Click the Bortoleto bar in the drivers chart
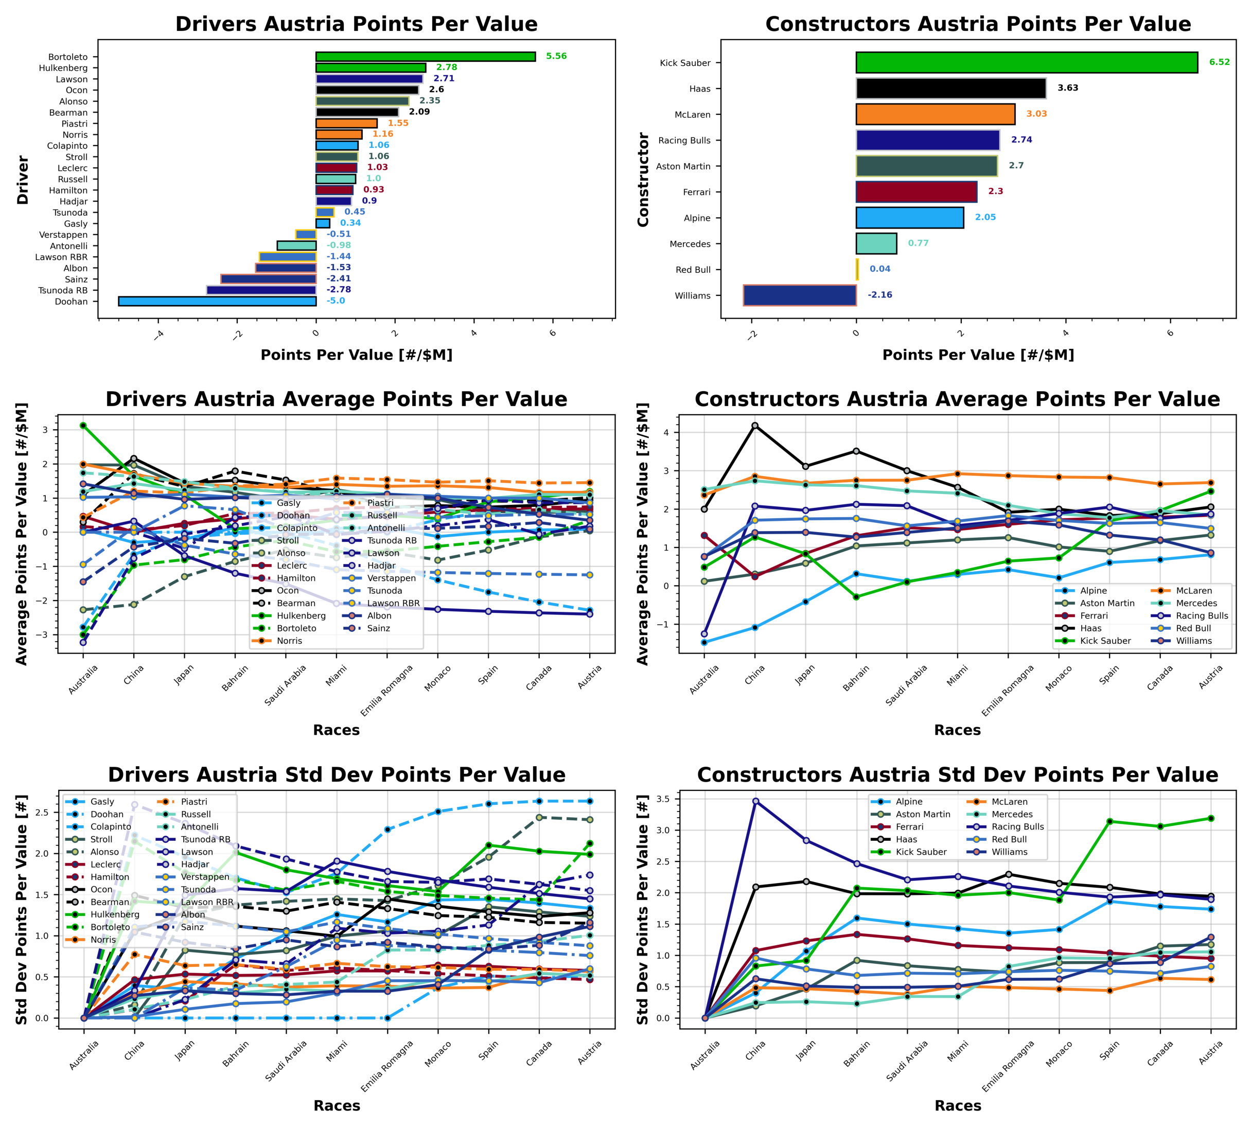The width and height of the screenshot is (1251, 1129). tap(425, 57)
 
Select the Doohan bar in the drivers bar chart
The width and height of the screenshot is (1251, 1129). tap(217, 302)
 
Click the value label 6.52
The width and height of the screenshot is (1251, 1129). tap(1218, 62)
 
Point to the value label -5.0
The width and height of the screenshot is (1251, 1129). tap(336, 301)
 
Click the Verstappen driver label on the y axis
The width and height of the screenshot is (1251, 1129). tap(63, 235)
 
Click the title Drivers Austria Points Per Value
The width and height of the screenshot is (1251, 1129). tap(356, 24)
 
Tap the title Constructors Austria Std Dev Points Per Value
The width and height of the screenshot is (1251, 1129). tap(957, 775)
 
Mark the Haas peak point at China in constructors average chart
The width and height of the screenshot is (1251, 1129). tap(754, 426)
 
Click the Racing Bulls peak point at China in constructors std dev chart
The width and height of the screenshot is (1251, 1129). tap(755, 801)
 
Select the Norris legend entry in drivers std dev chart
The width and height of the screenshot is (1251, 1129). tap(103, 940)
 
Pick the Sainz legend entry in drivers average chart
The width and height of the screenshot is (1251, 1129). tap(378, 628)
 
